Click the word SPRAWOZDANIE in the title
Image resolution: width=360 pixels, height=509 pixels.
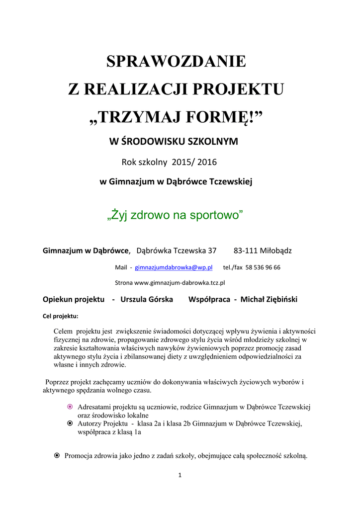176,62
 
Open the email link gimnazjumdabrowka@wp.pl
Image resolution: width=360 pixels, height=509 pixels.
174,267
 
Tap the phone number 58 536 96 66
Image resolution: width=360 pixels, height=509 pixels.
263,267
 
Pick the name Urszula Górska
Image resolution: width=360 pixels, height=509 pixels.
147,299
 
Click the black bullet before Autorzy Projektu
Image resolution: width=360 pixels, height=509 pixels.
70,424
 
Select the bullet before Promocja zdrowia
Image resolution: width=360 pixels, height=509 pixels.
57,455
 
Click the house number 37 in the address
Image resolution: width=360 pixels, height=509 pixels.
212,251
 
